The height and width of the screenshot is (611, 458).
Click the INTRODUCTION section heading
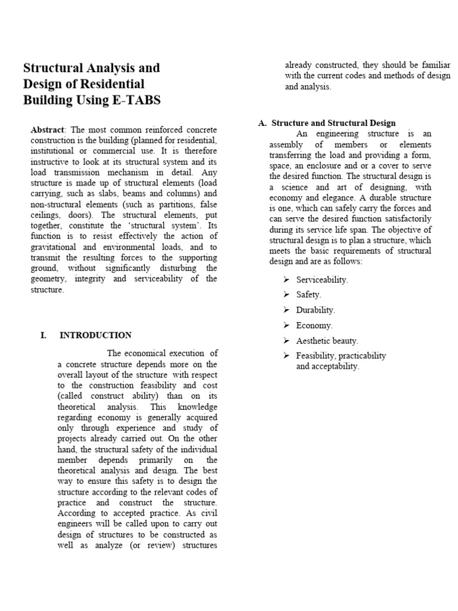tap(95, 335)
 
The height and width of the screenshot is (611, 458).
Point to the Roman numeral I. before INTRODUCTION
tap(44, 335)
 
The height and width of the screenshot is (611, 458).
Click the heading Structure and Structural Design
tap(333, 123)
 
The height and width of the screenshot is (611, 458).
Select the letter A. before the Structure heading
tap(262, 123)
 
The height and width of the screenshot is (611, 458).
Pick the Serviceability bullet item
tap(321, 279)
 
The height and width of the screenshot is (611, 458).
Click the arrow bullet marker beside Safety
tap(286, 294)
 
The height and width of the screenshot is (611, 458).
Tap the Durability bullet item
tap(315, 310)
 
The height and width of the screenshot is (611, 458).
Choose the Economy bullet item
tap(314, 325)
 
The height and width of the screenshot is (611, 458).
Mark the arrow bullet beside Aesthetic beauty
tap(286, 341)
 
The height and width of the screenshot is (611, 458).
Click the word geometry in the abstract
tap(47, 279)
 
